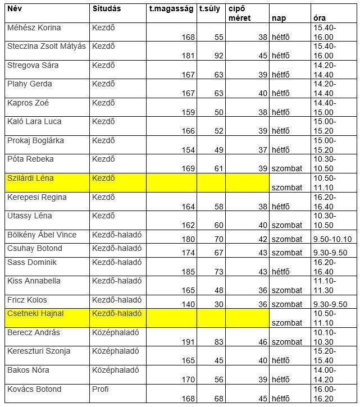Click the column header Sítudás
coord(106,9)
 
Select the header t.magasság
coord(171,9)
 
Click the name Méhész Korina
coord(34,28)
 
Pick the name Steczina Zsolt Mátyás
coord(47,46)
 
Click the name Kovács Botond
coord(34,389)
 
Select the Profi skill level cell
coord(101,389)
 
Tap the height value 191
coord(188,341)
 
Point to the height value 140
coord(188,304)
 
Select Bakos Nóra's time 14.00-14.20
coord(325,375)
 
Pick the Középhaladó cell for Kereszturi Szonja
coord(115,351)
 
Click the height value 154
coord(188,150)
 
